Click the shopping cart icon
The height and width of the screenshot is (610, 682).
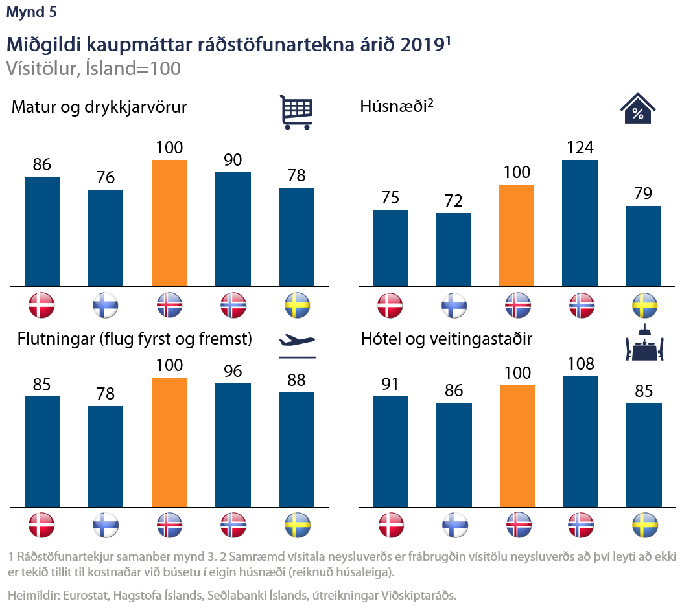296,112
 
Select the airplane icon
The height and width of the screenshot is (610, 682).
296,342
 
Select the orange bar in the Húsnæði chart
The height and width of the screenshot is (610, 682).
517,235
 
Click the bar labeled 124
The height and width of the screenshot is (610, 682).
580,223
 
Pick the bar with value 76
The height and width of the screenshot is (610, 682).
106,237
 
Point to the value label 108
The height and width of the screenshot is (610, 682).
580,364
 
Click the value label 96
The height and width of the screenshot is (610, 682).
233,370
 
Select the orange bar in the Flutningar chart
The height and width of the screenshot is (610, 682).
169,442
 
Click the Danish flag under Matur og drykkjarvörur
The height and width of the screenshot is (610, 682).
41,305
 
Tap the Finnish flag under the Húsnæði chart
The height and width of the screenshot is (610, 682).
453,305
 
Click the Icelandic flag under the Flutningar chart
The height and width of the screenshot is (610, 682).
169,524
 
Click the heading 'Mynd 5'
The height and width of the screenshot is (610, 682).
31,12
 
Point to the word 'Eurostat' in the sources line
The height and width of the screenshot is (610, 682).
88,595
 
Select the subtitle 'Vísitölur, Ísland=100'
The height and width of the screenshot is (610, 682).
93,68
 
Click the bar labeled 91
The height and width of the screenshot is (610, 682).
390,451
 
